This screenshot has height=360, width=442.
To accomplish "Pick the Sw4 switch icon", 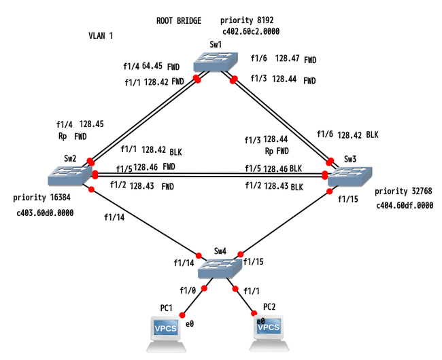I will pyautogui.click(x=218, y=268).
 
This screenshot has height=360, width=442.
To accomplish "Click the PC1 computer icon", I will pyautogui.click(x=167, y=331).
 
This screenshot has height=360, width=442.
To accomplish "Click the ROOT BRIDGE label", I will pyautogui.click(x=179, y=21).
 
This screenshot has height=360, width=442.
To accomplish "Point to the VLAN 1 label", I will pyautogui.click(x=102, y=35).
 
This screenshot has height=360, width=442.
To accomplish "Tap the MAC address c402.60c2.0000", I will pyautogui.click(x=251, y=31).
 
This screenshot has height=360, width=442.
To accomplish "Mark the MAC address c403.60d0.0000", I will pyautogui.click(x=44, y=213).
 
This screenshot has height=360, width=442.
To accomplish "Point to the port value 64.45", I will pyautogui.click(x=152, y=67).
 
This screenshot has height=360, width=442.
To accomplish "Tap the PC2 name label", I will pyautogui.click(x=269, y=306).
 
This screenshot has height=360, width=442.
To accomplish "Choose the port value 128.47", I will pyautogui.click(x=288, y=60).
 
